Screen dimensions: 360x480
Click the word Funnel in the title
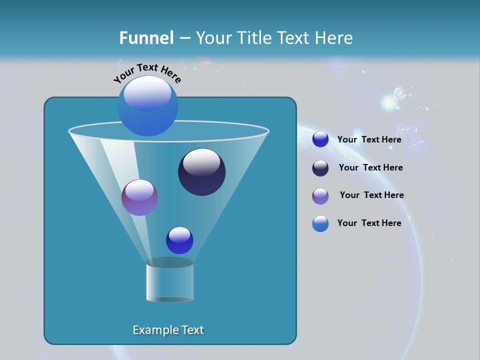click(146, 38)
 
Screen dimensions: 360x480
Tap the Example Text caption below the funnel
click(168, 330)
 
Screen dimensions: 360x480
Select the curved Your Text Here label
click(147, 73)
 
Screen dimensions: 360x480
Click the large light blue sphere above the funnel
click(147, 105)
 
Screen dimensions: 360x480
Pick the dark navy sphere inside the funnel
click(201, 172)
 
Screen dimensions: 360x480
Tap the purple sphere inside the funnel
click(139, 197)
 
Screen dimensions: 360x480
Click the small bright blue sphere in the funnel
click(179, 240)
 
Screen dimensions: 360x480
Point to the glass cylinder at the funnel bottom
click(169, 280)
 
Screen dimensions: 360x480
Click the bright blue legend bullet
click(320, 139)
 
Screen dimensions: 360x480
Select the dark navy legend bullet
click(320, 168)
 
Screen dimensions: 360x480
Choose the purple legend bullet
click(320, 196)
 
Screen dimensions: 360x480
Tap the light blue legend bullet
click(320, 223)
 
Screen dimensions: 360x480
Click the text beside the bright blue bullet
click(369, 139)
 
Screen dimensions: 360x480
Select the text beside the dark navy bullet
click(370, 167)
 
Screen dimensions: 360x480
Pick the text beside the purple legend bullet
click(371, 195)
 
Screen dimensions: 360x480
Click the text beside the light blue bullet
click(369, 223)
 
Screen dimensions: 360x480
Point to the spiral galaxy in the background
click(400, 93)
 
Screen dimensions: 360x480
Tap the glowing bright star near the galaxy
click(388, 102)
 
